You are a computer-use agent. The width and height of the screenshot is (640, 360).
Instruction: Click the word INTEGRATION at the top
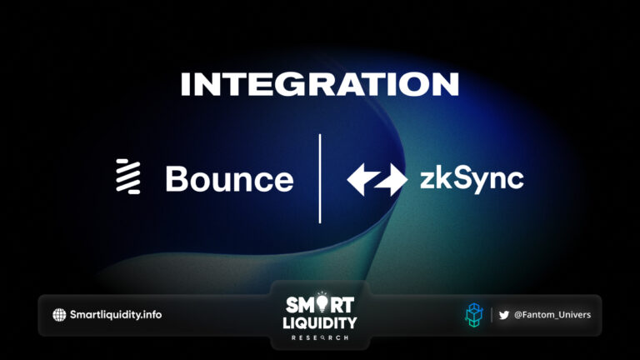click(319, 84)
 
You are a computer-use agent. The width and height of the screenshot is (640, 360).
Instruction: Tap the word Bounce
click(229, 179)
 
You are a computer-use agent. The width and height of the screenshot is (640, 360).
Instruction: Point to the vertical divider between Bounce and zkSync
click(320, 178)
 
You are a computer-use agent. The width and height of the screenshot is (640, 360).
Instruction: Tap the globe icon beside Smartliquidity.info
click(59, 314)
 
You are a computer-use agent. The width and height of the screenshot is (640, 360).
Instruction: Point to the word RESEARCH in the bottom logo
click(320, 338)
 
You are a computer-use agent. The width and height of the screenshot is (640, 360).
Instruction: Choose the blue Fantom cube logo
click(472, 314)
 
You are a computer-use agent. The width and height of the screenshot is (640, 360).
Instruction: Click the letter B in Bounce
click(176, 179)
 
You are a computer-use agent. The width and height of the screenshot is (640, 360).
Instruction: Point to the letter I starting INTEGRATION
click(183, 84)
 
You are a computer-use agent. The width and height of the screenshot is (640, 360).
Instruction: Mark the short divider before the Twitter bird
click(492, 314)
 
